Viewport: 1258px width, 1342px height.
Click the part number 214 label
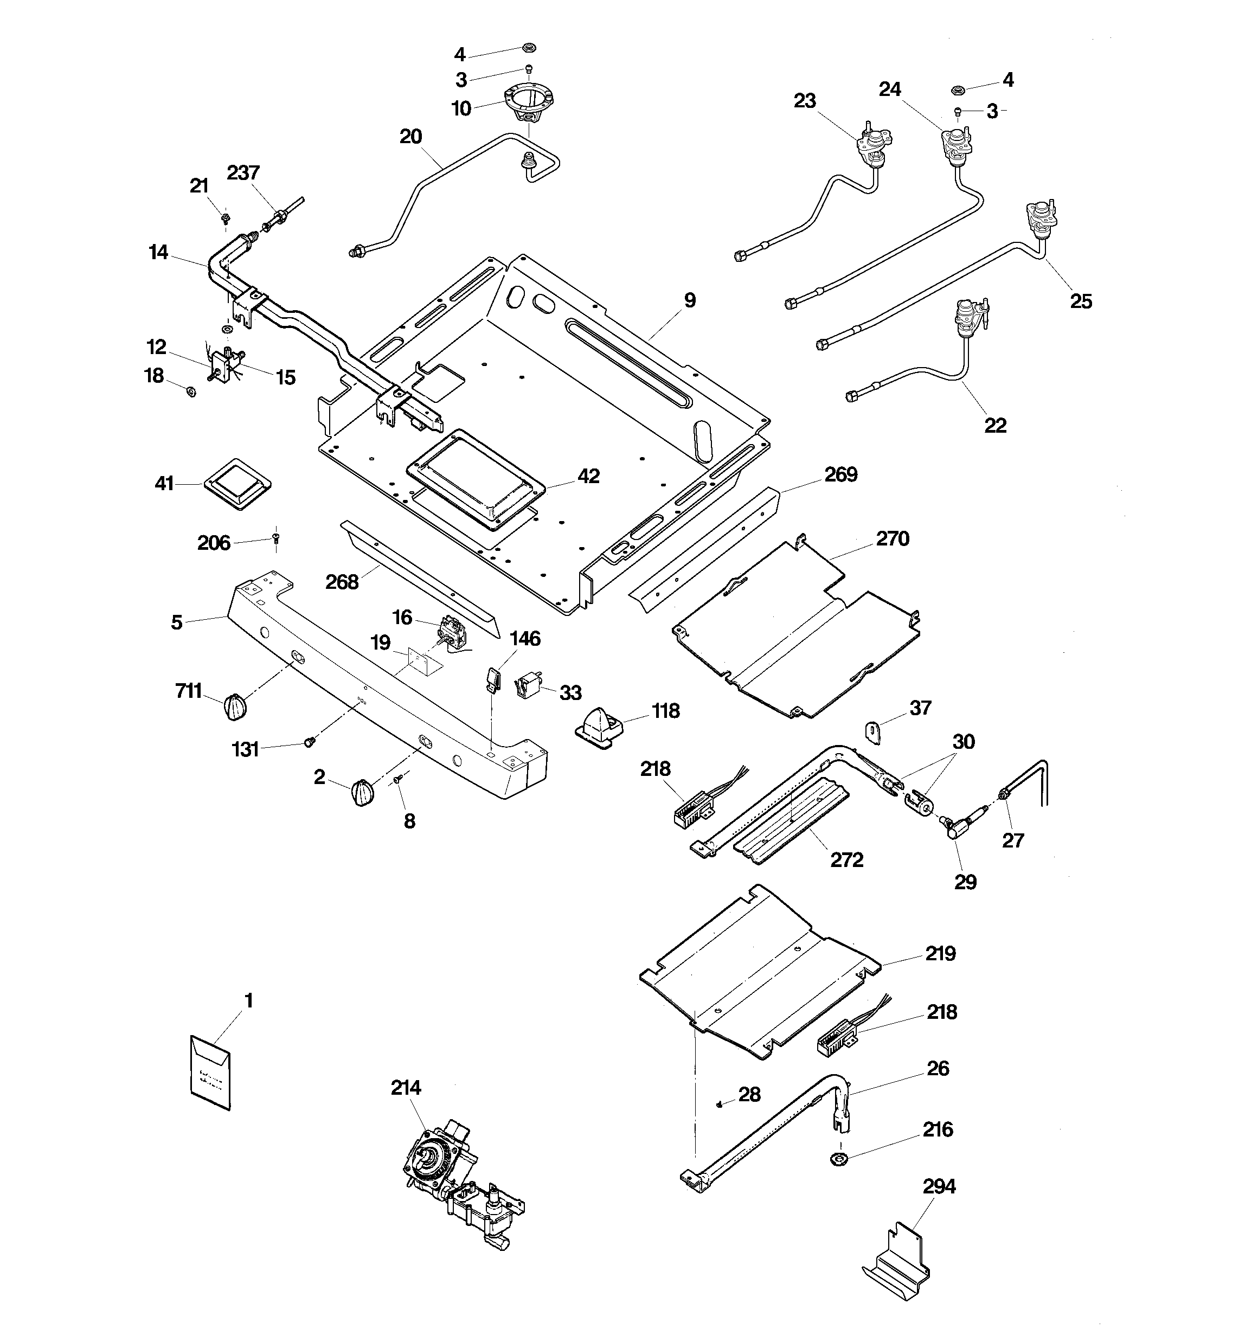click(x=405, y=1088)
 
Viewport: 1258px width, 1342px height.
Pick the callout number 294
click(x=939, y=1186)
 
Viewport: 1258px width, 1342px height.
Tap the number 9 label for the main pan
click(x=689, y=300)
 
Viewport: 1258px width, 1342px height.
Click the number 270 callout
click(x=893, y=538)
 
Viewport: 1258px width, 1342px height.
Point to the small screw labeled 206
click(x=276, y=537)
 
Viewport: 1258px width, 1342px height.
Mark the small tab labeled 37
click(x=874, y=732)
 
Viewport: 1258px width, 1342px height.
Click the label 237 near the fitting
click(x=243, y=173)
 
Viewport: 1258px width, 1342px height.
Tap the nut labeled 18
click(x=191, y=391)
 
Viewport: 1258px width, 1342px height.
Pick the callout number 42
click(x=588, y=476)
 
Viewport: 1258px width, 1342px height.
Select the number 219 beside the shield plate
click(x=940, y=954)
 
